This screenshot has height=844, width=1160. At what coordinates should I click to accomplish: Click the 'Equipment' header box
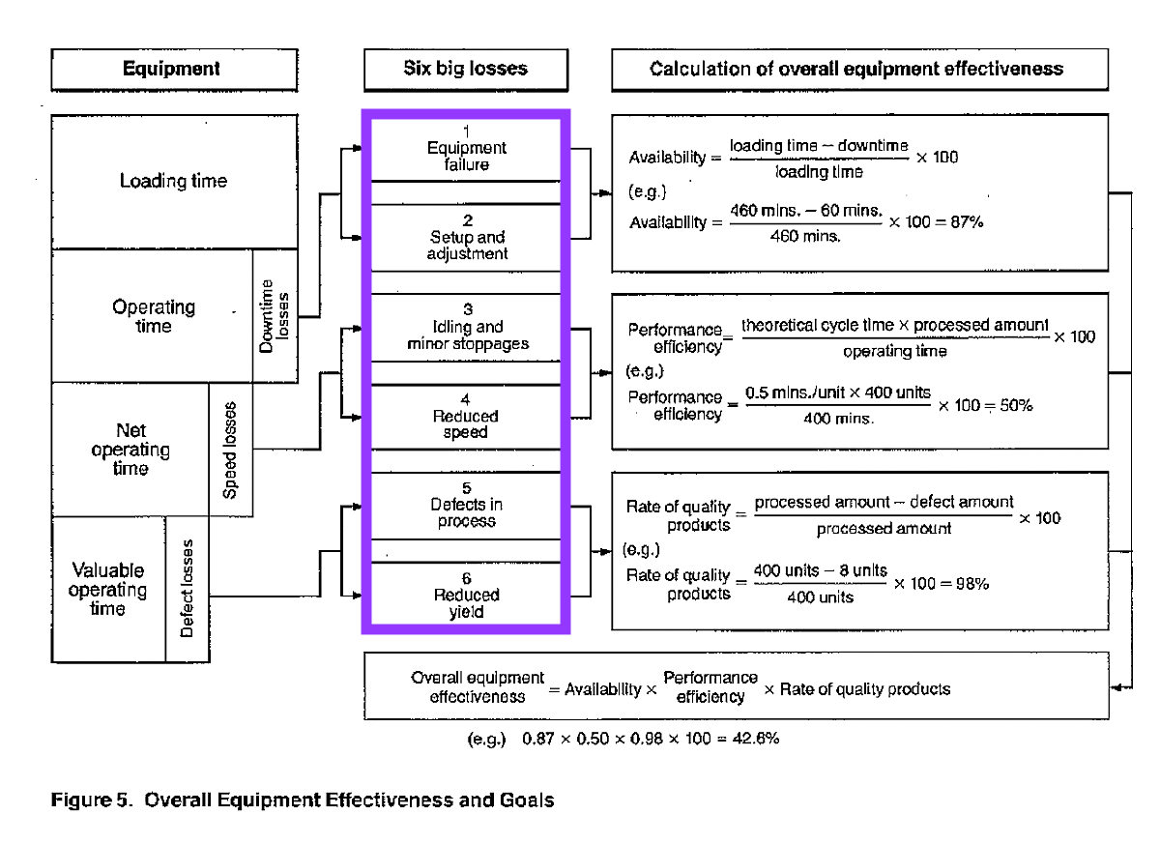click(x=172, y=70)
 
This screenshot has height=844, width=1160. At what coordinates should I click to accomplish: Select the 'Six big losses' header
click(x=465, y=70)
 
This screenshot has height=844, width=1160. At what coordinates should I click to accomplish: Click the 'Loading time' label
click(x=173, y=182)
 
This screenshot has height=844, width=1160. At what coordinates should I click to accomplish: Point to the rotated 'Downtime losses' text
click(x=275, y=315)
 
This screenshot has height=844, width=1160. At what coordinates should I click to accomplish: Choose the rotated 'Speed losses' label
click(x=230, y=450)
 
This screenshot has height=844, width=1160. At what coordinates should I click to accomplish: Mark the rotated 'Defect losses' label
click(x=188, y=589)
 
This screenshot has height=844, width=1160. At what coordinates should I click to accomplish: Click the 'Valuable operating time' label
click(x=107, y=590)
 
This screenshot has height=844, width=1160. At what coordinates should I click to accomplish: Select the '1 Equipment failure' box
click(x=467, y=149)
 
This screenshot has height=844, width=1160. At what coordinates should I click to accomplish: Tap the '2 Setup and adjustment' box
click(x=467, y=238)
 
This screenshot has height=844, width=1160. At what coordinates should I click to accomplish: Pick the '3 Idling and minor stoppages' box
click(x=467, y=327)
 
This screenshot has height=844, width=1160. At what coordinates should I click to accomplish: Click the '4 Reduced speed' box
click(x=467, y=417)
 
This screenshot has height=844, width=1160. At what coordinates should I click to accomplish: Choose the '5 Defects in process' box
click(x=467, y=506)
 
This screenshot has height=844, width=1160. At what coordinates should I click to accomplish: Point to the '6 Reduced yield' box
click(x=467, y=596)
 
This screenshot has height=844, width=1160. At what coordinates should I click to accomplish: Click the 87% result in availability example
click(x=967, y=221)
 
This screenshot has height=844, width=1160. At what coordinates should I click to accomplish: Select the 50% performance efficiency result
click(x=1014, y=406)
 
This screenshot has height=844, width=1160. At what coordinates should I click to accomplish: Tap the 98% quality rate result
click(x=970, y=584)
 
